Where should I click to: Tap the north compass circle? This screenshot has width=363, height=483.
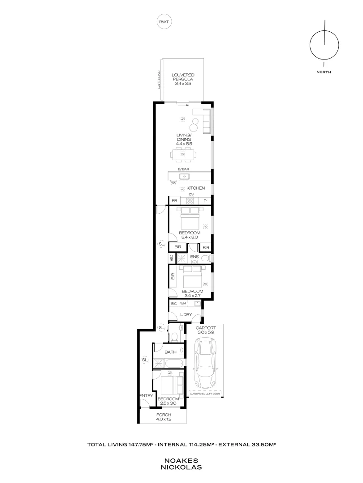click(324, 45)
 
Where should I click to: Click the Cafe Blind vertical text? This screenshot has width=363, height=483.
click(159, 80)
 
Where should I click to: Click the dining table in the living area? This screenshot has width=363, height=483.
click(183, 155)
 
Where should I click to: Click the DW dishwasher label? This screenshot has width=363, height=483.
click(173, 183)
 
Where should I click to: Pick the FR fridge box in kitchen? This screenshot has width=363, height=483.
click(174, 201)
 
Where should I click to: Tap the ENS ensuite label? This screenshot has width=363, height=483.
click(194, 257)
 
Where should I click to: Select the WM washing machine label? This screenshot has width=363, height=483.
click(183, 304)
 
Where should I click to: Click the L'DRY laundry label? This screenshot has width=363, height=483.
click(186, 315)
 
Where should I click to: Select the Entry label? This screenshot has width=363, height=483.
click(146, 396)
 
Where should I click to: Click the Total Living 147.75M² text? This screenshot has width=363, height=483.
click(121, 445)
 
